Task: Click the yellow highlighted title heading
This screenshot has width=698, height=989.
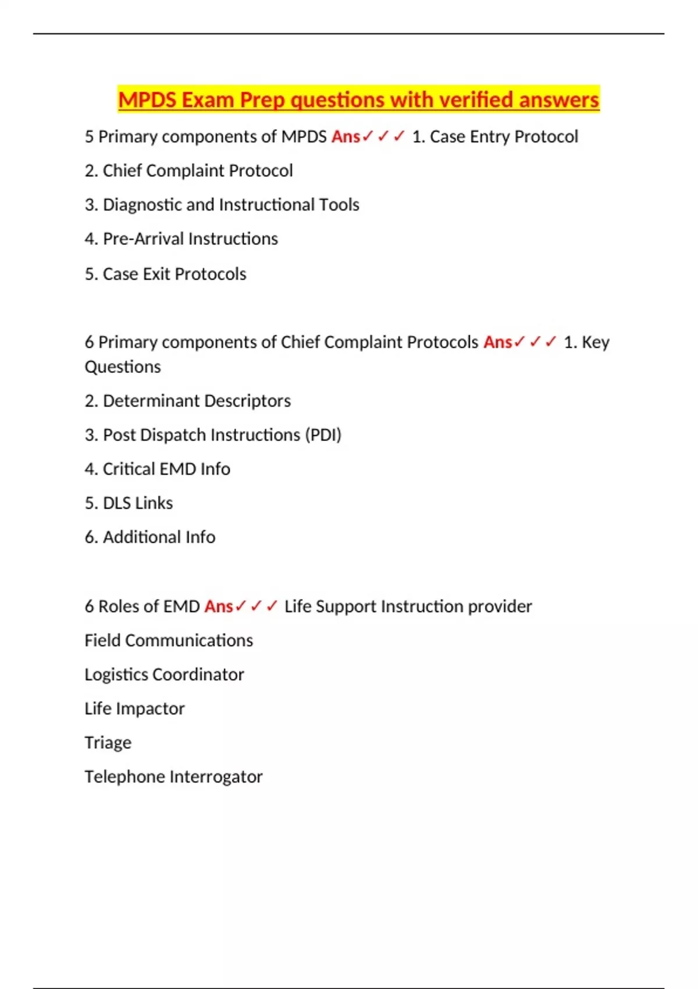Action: pos(358,99)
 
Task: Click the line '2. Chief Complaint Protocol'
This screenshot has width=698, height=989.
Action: pos(188,170)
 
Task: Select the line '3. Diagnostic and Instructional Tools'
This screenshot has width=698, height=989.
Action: pos(222,205)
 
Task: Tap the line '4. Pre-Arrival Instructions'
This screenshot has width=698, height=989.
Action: pos(181,239)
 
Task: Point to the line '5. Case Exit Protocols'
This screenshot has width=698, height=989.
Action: pos(165,273)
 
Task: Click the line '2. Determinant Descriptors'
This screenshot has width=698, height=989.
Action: pos(187,401)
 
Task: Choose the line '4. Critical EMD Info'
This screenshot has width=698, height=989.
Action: pos(157,469)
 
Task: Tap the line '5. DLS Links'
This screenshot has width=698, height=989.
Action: pos(129,503)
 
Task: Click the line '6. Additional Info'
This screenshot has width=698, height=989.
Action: pos(149,537)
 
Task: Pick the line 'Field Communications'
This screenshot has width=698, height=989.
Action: pos(169,641)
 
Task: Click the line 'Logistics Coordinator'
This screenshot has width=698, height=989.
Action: pos(164,674)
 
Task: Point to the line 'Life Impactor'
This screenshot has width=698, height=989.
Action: pos(134,709)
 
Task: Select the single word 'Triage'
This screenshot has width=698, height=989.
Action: pos(108,743)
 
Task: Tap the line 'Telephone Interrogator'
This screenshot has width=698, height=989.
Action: pos(173,777)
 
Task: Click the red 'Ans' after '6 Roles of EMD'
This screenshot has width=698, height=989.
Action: pos(219,606)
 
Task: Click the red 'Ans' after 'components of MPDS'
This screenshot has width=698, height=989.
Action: pos(346,137)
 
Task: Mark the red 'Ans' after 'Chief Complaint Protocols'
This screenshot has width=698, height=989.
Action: pos(498,342)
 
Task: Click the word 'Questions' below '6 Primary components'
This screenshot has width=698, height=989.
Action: pos(123,367)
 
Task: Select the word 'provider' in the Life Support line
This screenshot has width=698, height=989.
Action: pos(500,606)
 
